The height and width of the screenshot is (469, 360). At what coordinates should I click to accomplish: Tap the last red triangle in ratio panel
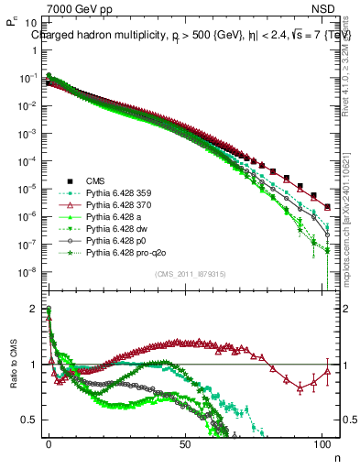(327, 371)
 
